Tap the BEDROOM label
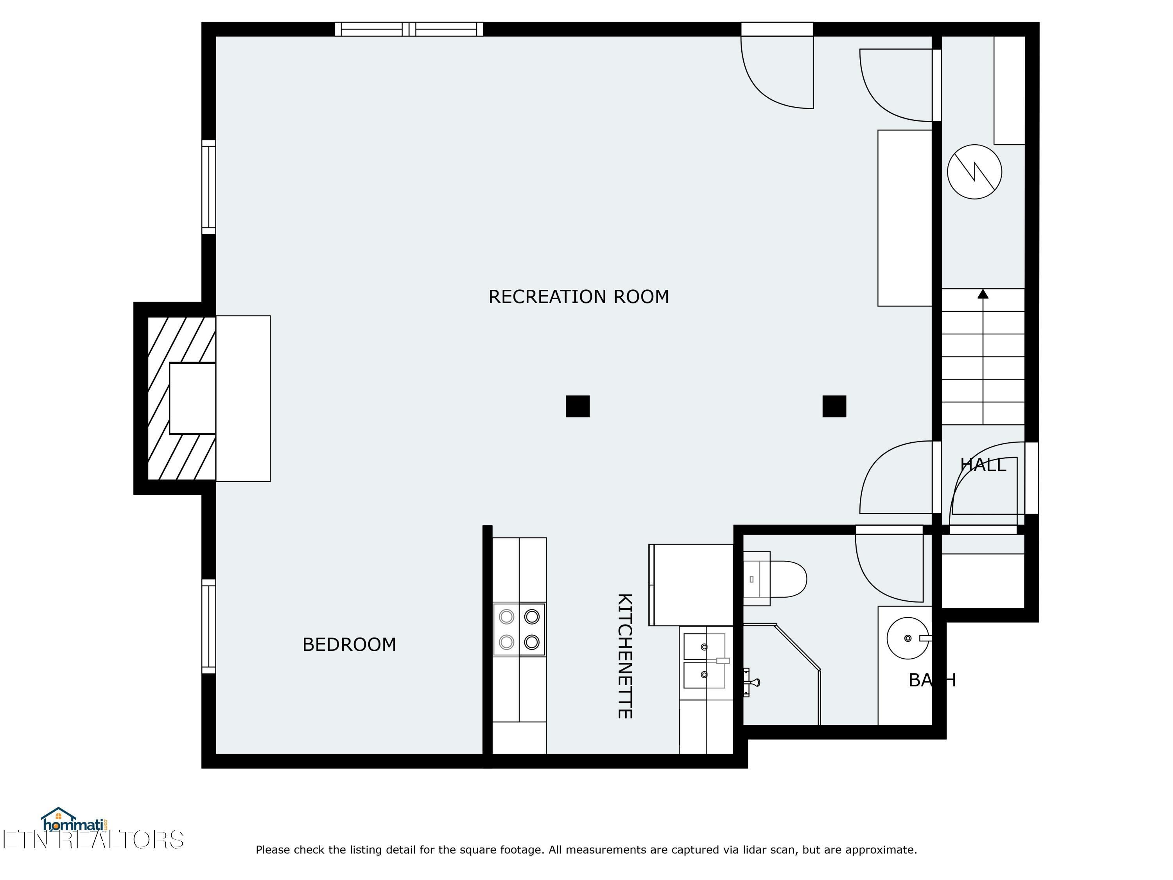(349, 645)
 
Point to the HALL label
(983, 465)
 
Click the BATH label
(932, 680)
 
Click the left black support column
(578, 406)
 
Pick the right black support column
(834, 406)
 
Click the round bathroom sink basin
(908, 638)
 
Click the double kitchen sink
(704, 661)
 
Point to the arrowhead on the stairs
(983, 294)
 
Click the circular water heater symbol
(974, 172)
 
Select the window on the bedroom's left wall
(208, 626)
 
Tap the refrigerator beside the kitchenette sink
(691, 585)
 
